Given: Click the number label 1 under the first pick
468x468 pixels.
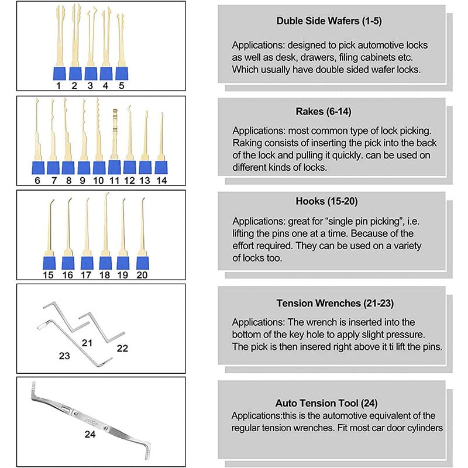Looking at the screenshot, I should [x=58, y=85].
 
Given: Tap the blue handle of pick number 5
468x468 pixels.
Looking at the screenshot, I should [x=121, y=73].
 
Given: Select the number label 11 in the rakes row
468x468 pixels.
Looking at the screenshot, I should [x=114, y=180].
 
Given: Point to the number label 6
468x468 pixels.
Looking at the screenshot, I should [x=37, y=180].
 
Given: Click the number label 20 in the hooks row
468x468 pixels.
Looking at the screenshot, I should [x=142, y=274].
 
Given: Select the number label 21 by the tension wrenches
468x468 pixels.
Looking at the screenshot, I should [x=87, y=342].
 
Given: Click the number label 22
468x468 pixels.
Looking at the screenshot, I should [x=122, y=347].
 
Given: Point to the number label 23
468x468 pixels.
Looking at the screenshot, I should [x=64, y=355].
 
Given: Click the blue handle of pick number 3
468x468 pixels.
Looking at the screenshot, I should [x=91, y=73].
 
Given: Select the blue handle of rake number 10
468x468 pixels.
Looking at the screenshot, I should [x=98, y=167].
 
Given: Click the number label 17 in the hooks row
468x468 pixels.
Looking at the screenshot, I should [x=87, y=274].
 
